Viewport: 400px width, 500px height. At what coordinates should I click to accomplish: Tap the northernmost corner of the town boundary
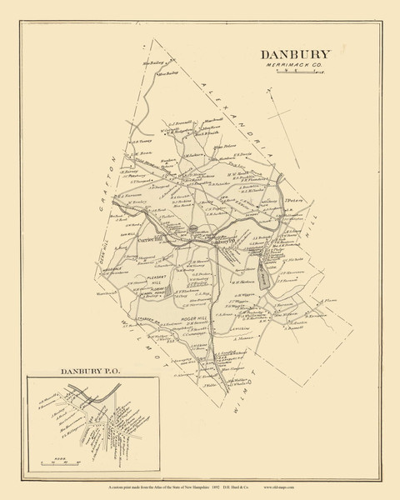177,57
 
